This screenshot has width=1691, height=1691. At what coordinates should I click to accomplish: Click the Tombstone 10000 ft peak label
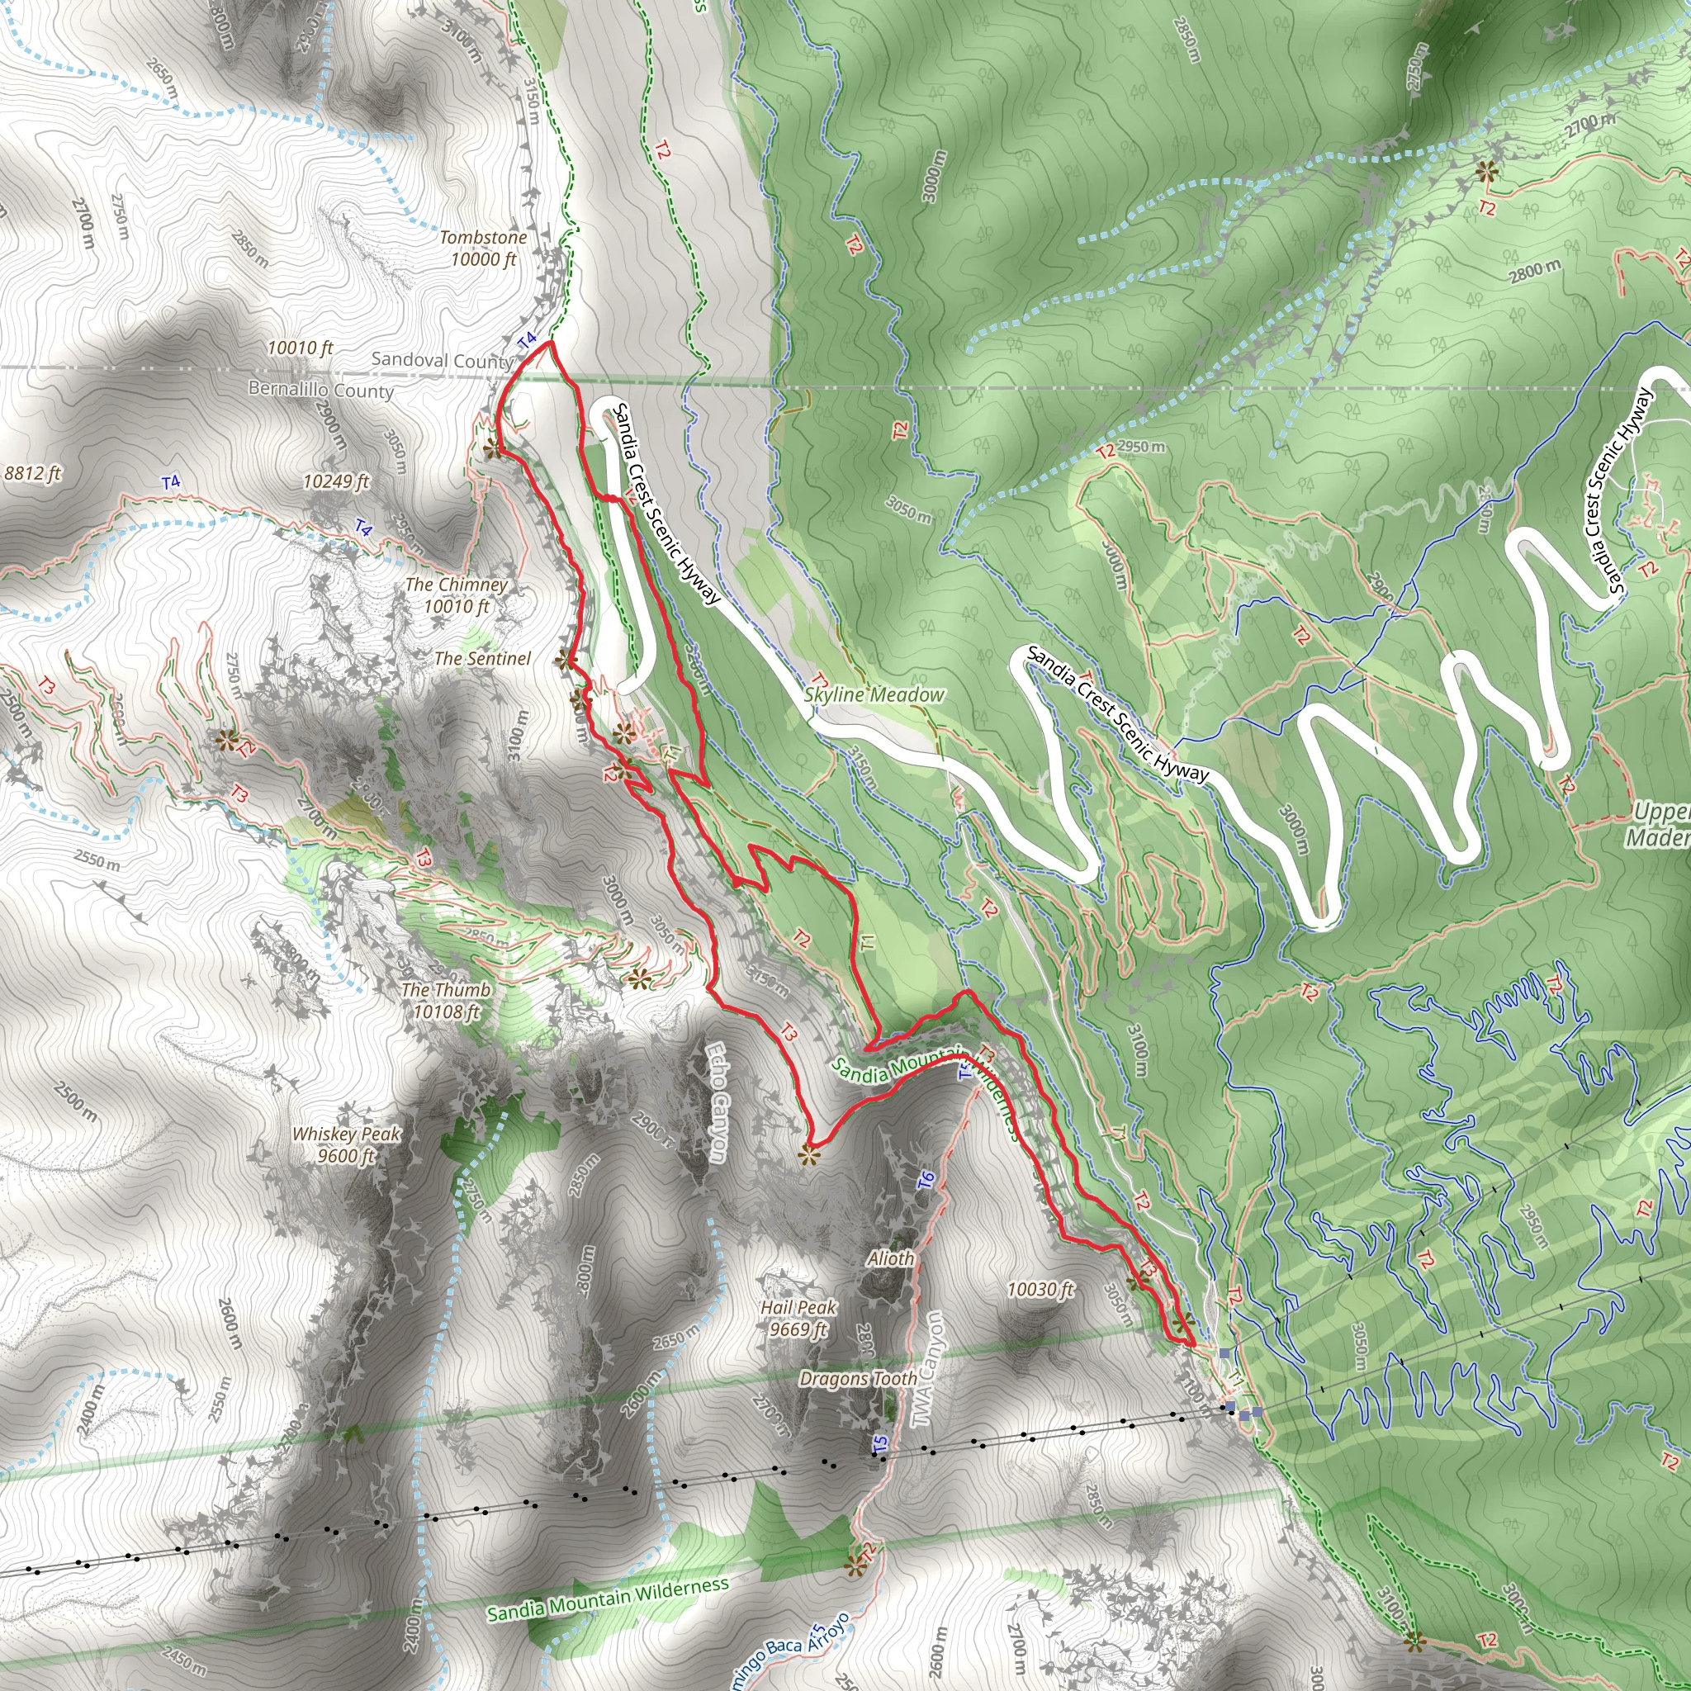[x=483, y=249]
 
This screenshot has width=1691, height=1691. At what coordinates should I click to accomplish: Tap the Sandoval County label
[x=442, y=360]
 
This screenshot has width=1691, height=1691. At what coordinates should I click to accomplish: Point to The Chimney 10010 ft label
[x=456, y=595]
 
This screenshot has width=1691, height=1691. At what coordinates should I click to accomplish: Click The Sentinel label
[x=482, y=658]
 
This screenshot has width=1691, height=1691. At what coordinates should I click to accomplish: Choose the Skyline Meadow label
[x=874, y=694]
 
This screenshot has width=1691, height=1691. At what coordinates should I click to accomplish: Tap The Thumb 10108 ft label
[x=446, y=1001]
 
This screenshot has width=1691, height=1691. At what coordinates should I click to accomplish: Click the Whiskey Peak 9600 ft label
[x=346, y=1144]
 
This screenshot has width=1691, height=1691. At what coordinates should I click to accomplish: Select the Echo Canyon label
[x=717, y=1103]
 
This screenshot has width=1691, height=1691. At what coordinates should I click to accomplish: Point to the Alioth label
[x=890, y=1258]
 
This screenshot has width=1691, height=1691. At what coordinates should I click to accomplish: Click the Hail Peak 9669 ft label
[x=798, y=1318]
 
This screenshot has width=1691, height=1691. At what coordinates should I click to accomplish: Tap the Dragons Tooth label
[x=858, y=1379]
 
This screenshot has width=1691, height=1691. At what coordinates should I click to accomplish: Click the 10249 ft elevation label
[x=336, y=481]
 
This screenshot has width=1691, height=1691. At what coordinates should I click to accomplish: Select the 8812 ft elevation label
[x=32, y=473]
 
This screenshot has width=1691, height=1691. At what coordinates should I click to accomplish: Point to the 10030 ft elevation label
[x=1040, y=1289]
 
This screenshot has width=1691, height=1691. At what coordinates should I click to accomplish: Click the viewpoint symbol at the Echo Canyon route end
[x=808, y=1156]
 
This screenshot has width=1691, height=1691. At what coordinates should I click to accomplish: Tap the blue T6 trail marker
[x=926, y=1181]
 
